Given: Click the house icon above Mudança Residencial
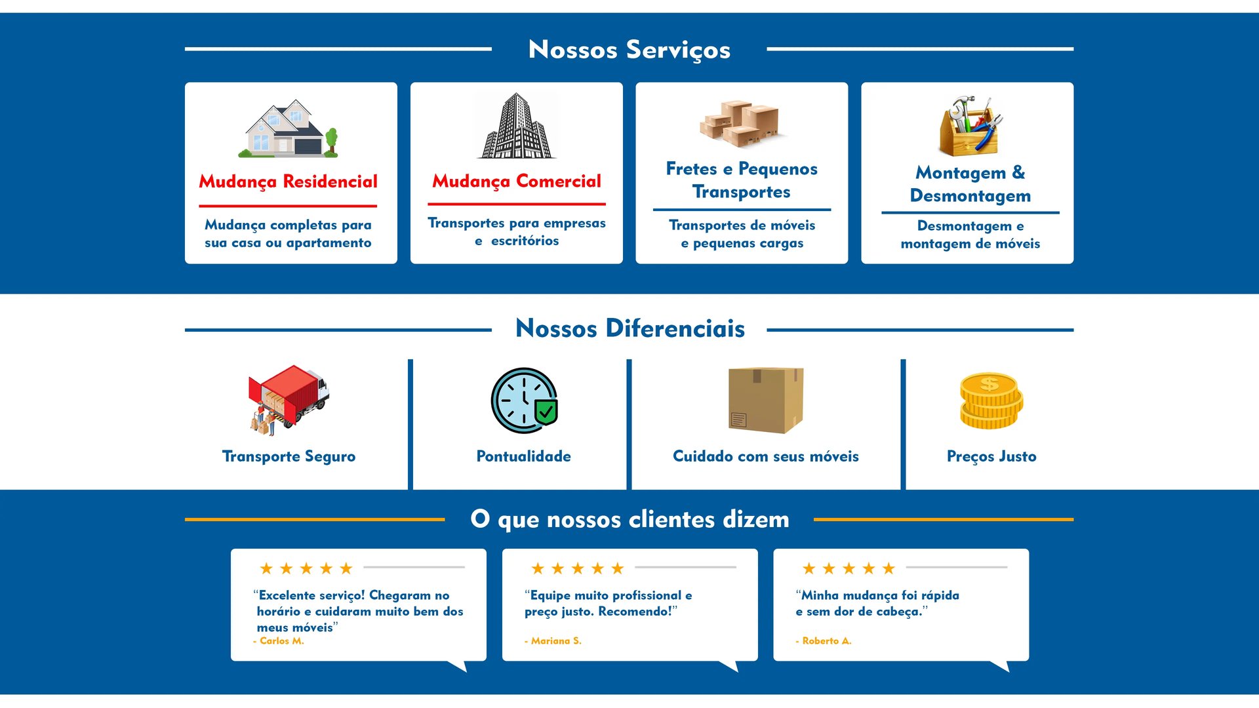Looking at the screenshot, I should click(288, 129).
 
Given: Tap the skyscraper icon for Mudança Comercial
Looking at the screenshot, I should click(517, 126).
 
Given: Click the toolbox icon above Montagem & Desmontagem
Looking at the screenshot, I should click(970, 126).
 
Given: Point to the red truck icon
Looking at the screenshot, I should click(289, 399).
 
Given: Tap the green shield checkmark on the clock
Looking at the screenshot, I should click(546, 412).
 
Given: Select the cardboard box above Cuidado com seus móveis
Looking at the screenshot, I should click(765, 400).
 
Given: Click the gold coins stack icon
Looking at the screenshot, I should click(991, 401).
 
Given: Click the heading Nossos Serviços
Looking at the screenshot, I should click(629, 50).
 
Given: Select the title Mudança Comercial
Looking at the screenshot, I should click(517, 182).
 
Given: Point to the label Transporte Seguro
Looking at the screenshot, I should click(289, 456).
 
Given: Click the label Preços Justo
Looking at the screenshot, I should click(991, 456).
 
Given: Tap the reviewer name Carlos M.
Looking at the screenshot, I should click(281, 641).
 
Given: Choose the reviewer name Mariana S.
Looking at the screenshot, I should click(555, 641).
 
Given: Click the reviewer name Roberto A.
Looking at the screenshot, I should click(826, 641).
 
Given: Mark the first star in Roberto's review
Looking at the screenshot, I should click(809, 568).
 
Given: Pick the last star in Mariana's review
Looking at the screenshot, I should click(617, 568).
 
